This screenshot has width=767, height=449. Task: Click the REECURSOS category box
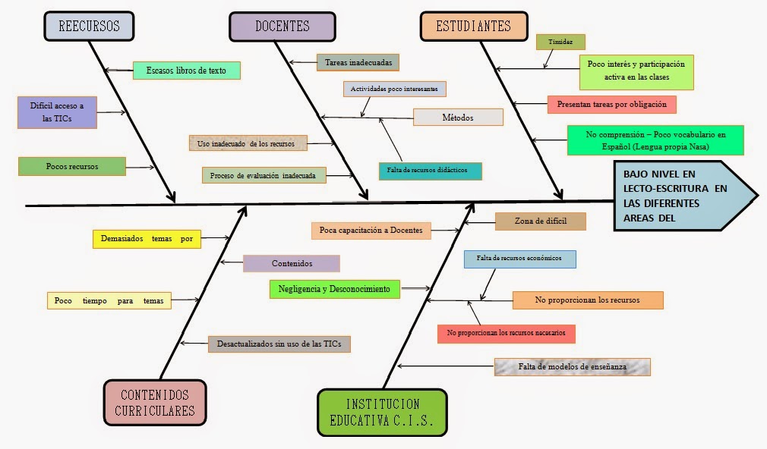(90, 26)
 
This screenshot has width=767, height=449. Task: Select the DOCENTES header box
(282, 26)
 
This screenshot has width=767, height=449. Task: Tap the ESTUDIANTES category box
(474, 26)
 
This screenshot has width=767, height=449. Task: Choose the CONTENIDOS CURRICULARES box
(155, 403)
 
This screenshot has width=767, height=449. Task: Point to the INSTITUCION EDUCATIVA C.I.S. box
(383, 413)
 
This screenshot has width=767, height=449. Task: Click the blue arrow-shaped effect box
(683, 195)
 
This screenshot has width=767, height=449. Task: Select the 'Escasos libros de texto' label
(186, 71)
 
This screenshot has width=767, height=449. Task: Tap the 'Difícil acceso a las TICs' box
(57, 112)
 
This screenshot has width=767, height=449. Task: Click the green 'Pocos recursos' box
(71, 166)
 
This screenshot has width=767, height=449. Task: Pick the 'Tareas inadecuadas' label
(358, 62)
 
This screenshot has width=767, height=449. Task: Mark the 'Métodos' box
(458, 117)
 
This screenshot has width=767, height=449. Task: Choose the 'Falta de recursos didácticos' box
(430, 171)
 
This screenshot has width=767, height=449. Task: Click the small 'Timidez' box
(560, 42)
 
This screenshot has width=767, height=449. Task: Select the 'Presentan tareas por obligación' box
(611, 104)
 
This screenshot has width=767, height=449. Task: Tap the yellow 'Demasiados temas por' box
(147, 238)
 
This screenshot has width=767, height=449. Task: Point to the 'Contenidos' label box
(292, 263)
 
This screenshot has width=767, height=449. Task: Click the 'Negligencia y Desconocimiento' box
(334, 289)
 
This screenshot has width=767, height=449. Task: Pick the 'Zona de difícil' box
(541, 221)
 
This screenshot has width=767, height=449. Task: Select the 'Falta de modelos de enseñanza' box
(573, 366)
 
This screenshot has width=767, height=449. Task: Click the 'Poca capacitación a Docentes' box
(371, 230)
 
